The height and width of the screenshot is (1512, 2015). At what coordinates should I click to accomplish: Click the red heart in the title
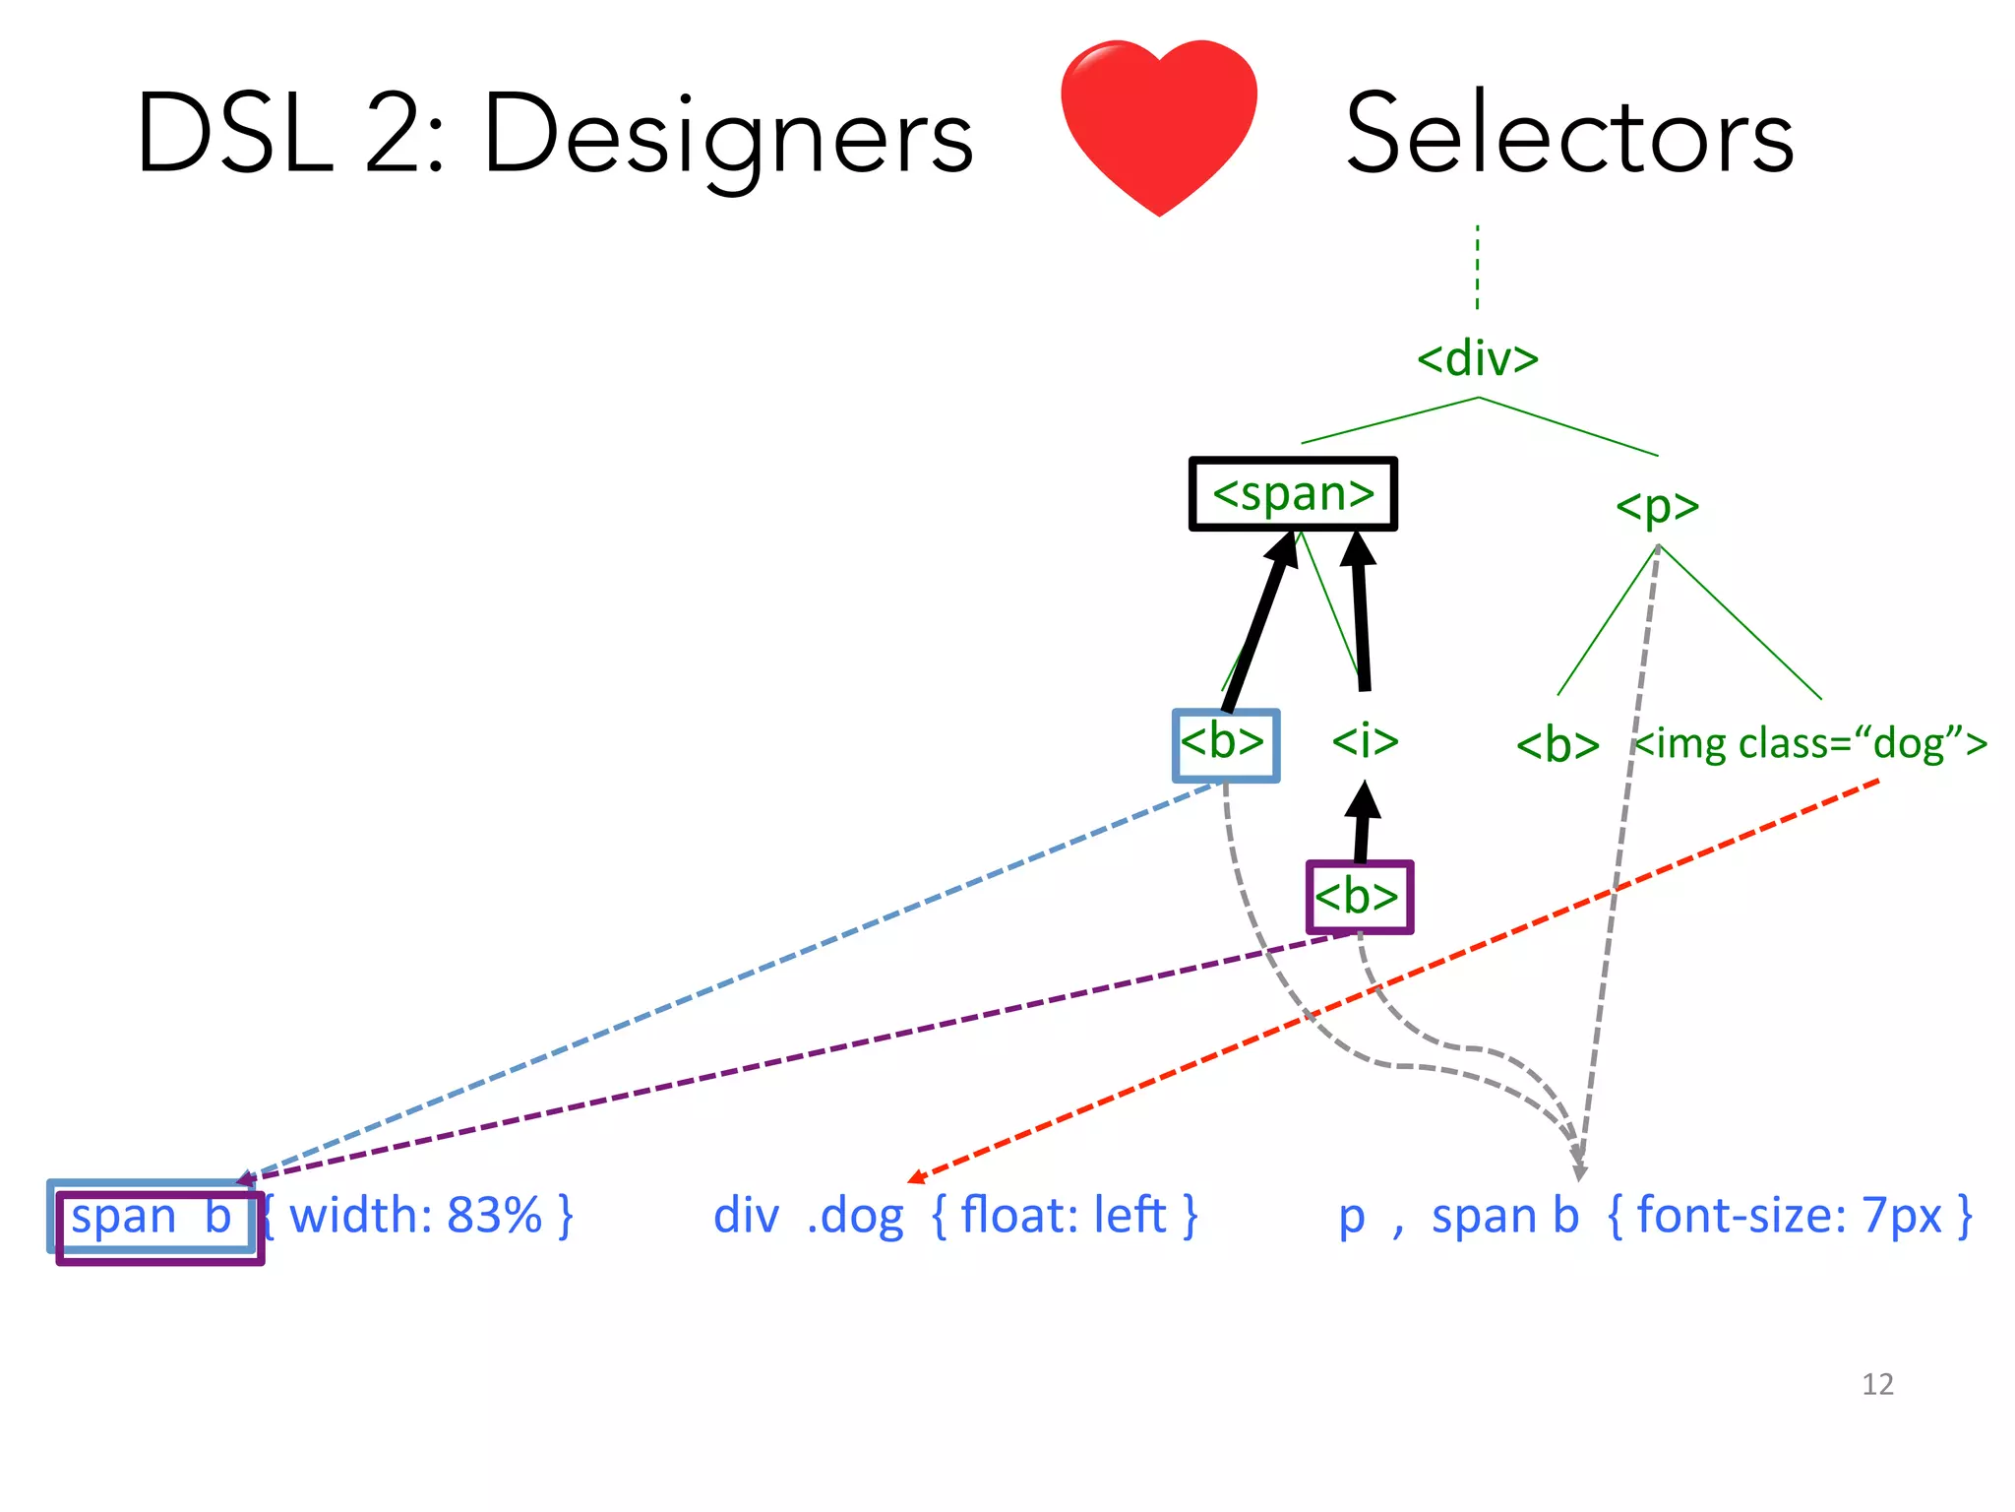click(x=1158, y=123)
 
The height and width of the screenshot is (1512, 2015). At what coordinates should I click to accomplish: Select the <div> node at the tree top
click(x=1477, y=358)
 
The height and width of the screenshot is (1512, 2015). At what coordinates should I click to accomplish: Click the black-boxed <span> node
click(x=1293, y=493)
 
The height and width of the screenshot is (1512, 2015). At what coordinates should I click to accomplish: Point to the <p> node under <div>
click(x=1657, y=506)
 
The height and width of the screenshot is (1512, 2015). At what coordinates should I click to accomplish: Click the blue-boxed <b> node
click(x=1225, y=743)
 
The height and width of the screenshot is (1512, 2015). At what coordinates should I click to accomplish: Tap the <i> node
click(x=1365, y=740)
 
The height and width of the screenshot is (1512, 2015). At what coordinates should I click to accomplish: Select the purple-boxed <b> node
click(x=1359, y=897)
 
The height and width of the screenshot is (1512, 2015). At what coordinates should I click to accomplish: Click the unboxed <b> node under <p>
click(x=1557, y=745)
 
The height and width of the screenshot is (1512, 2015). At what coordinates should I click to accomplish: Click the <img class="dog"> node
click(x=1810, y=743)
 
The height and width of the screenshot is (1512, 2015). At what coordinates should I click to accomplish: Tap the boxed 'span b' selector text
click(x=152, y=1217)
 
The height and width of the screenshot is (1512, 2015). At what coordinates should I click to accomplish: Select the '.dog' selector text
click(x=854, y=1217)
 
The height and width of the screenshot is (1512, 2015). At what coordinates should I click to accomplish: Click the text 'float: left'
click(x=1064, y=1216)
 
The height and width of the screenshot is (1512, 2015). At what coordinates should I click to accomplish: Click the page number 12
click(x=1876, y=1384)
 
